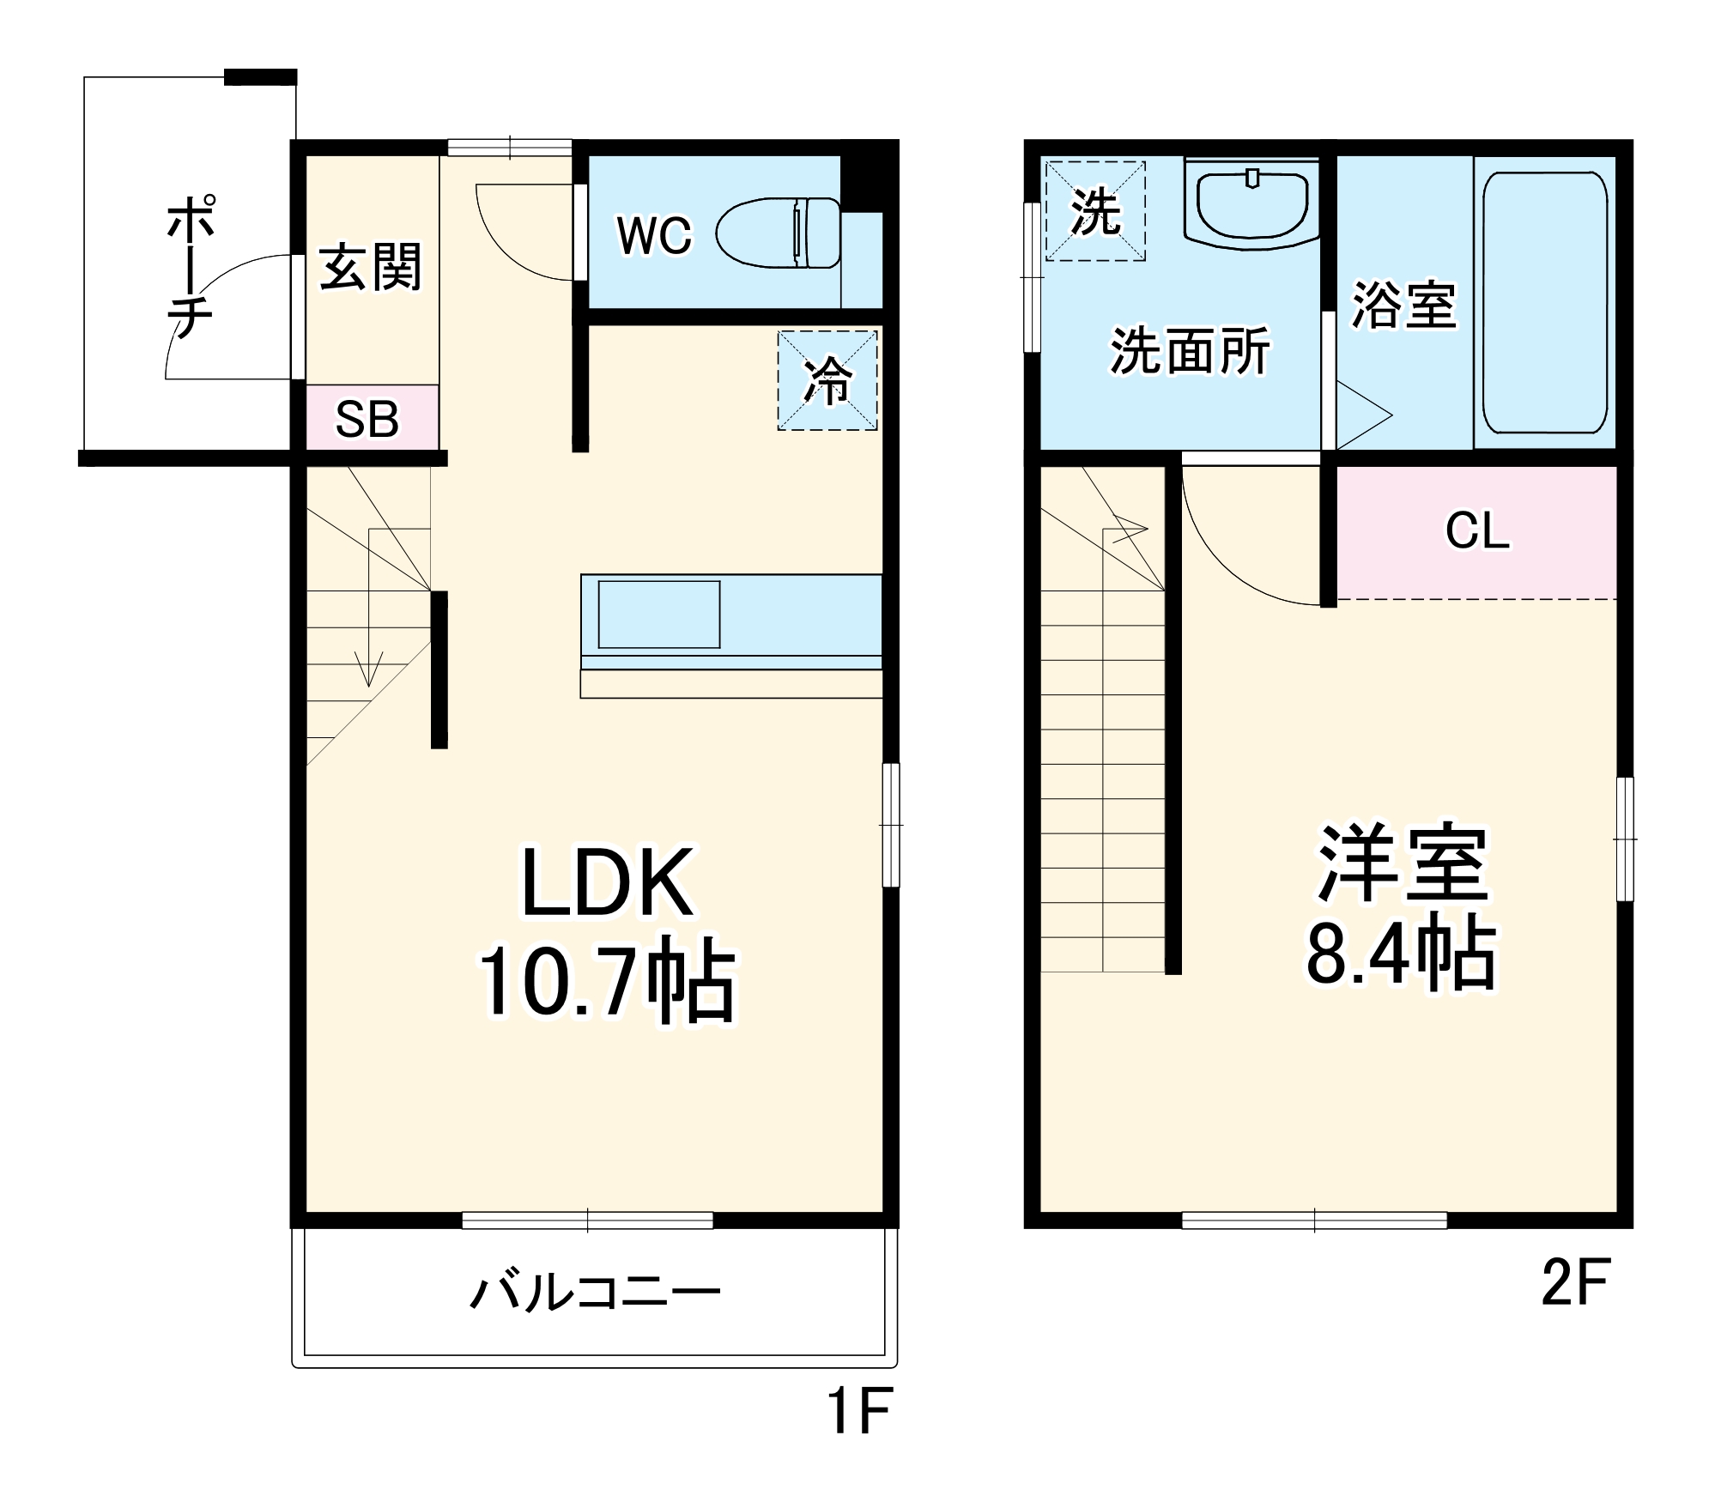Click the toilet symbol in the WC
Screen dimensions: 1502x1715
(778, 233)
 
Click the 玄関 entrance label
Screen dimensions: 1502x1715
(370, 267)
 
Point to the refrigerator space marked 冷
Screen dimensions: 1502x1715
(827, 380)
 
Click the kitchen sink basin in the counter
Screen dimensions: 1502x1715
(658, 615)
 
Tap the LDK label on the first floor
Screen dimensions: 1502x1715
(607, 882)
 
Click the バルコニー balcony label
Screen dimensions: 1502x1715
(594, 1293)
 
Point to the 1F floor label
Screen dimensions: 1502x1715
(859, 1412)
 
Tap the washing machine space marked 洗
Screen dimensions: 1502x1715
(1095, 211)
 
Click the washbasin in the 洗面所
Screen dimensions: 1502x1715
(1251, 204)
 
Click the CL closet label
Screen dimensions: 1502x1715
(1476, 531)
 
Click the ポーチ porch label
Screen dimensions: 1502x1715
(191, 268)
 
